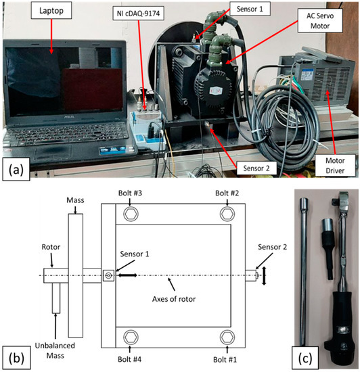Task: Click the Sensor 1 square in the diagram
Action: pos(108,275)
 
